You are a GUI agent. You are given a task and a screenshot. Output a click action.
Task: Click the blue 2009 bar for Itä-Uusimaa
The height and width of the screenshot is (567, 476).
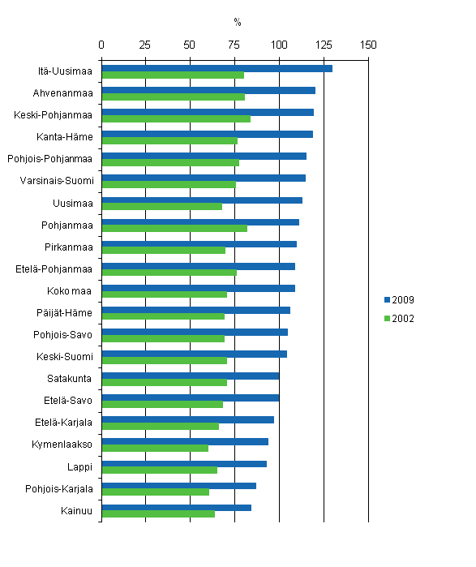(217, 68)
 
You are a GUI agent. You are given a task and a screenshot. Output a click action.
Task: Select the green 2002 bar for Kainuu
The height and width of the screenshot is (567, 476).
(158, 513)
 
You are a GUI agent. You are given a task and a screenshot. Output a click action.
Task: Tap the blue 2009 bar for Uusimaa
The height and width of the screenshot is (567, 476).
(202, 200)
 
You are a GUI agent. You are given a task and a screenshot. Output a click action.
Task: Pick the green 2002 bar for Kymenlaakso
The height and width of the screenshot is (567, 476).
(155, 448)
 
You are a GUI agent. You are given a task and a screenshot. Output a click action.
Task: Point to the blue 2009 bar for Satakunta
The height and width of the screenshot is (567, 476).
(190, 376)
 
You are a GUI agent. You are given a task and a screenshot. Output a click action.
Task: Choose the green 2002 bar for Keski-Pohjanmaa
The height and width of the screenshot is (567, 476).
(176, 119)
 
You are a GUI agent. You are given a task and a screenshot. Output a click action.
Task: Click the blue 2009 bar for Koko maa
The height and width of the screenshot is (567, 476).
(198, 288)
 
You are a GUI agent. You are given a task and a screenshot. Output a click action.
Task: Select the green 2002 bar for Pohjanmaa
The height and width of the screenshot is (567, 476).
(174, 229)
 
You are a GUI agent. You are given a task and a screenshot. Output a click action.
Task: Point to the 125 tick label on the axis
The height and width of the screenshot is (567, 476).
(324, 44)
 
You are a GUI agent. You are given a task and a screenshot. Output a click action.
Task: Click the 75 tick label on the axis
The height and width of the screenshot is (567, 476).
(235, 44)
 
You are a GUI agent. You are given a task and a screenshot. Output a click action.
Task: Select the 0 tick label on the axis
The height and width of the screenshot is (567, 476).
(101, 44)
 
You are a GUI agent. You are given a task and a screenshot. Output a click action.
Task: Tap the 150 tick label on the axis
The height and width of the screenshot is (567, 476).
(369, 44)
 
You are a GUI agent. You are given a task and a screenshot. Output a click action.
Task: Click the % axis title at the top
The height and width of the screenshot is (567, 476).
(238, 22)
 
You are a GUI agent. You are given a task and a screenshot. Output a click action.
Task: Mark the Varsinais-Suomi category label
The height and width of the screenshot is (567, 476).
(56, 181)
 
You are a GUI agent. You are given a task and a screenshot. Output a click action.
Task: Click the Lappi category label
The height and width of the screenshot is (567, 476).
(79, 467)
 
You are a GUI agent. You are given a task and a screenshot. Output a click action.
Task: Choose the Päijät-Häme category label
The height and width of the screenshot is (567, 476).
(68, 313)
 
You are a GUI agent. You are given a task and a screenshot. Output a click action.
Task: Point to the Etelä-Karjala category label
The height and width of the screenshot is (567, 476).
(62, 423)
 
